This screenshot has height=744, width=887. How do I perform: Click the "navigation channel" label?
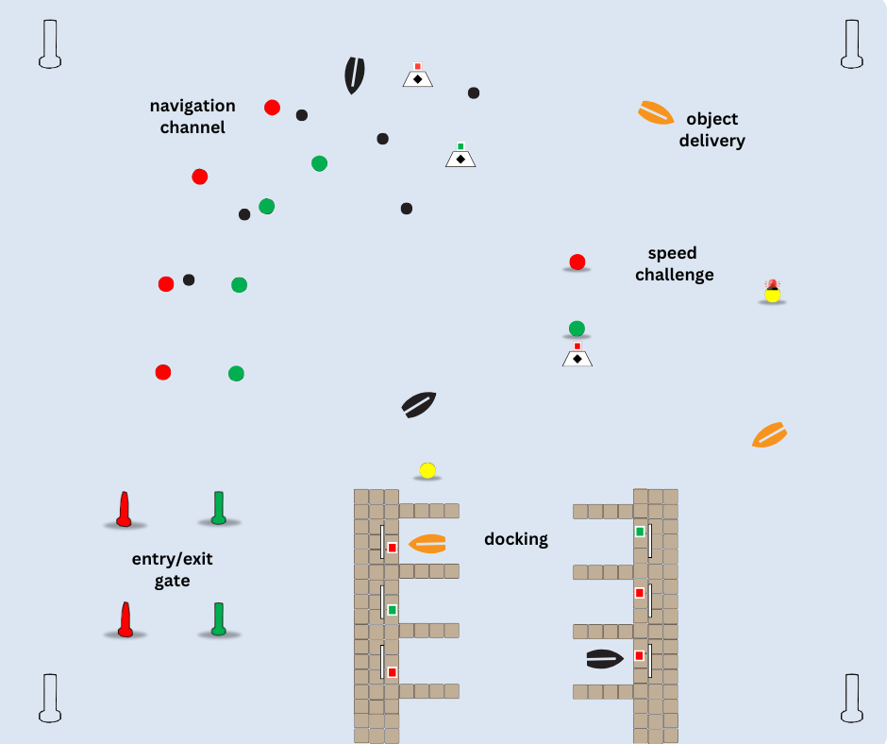pos(192,116)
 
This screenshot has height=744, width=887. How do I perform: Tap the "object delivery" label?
pos(712,129)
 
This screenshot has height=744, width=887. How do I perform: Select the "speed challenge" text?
pos(674,264)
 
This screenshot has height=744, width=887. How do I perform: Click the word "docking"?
pos(516,539)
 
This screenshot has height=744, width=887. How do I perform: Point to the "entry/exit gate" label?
pos(172,569)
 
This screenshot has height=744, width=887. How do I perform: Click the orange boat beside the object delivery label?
pos(656,113)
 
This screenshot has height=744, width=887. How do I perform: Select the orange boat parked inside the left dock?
pos(427,544)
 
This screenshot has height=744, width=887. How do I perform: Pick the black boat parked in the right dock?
pos(605,659)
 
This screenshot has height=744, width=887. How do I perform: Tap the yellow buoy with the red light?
pos(773,293)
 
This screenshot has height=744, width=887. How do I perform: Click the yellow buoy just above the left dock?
pos(427,470)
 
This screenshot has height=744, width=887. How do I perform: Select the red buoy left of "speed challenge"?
pos(577,262)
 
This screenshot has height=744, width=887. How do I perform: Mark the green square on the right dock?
pos(640,532)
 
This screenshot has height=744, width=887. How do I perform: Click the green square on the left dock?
pos(392,610)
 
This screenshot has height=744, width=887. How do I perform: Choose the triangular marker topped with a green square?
pos(460,156)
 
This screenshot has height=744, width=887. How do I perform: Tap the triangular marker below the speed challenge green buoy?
pos(577,356)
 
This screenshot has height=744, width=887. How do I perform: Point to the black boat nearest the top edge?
pos(354,76)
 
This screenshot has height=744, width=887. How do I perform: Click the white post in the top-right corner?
pos(851,44)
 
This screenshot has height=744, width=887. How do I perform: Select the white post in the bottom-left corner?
pos(50,698)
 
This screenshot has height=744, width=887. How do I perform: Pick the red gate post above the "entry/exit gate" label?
pos(124,509)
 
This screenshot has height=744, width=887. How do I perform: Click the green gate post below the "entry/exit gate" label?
pos(219,618)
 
